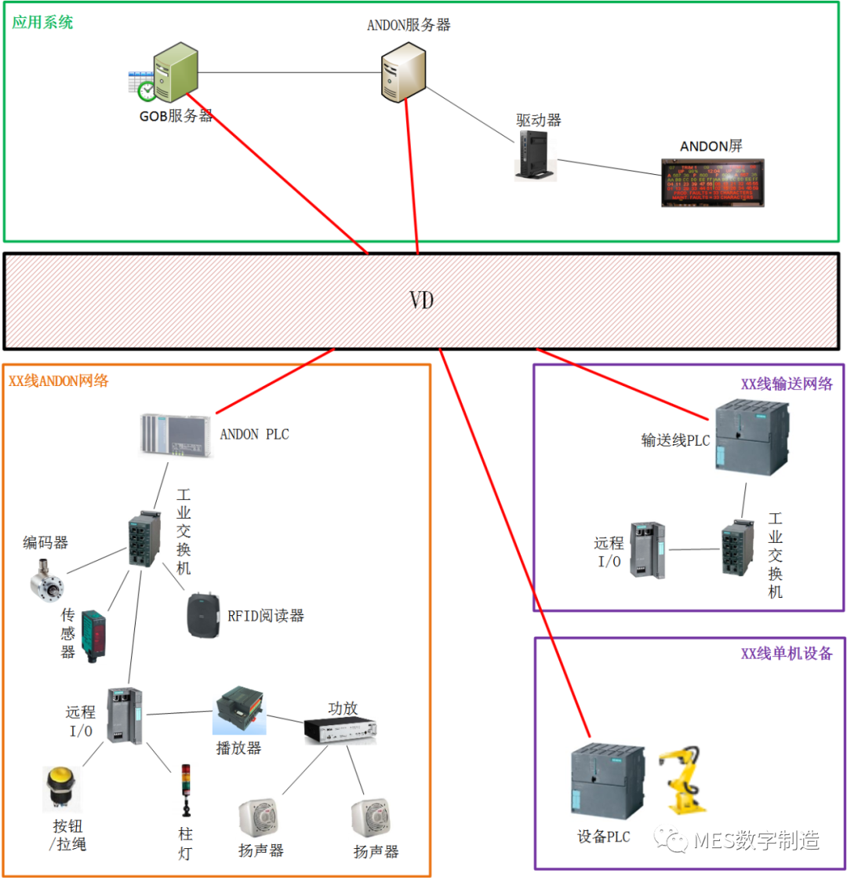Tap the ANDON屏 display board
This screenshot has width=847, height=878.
pos(712,183)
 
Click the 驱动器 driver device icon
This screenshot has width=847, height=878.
pos(536,155)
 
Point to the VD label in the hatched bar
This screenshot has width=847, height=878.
pos(422,301)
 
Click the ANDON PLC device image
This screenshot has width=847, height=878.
pos(174,433)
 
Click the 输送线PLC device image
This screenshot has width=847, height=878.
pos(752,435)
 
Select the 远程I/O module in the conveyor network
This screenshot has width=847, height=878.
pos(649,549)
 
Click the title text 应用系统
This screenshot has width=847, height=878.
pos(42,22)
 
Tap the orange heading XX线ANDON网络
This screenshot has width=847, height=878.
pos(59,381)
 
